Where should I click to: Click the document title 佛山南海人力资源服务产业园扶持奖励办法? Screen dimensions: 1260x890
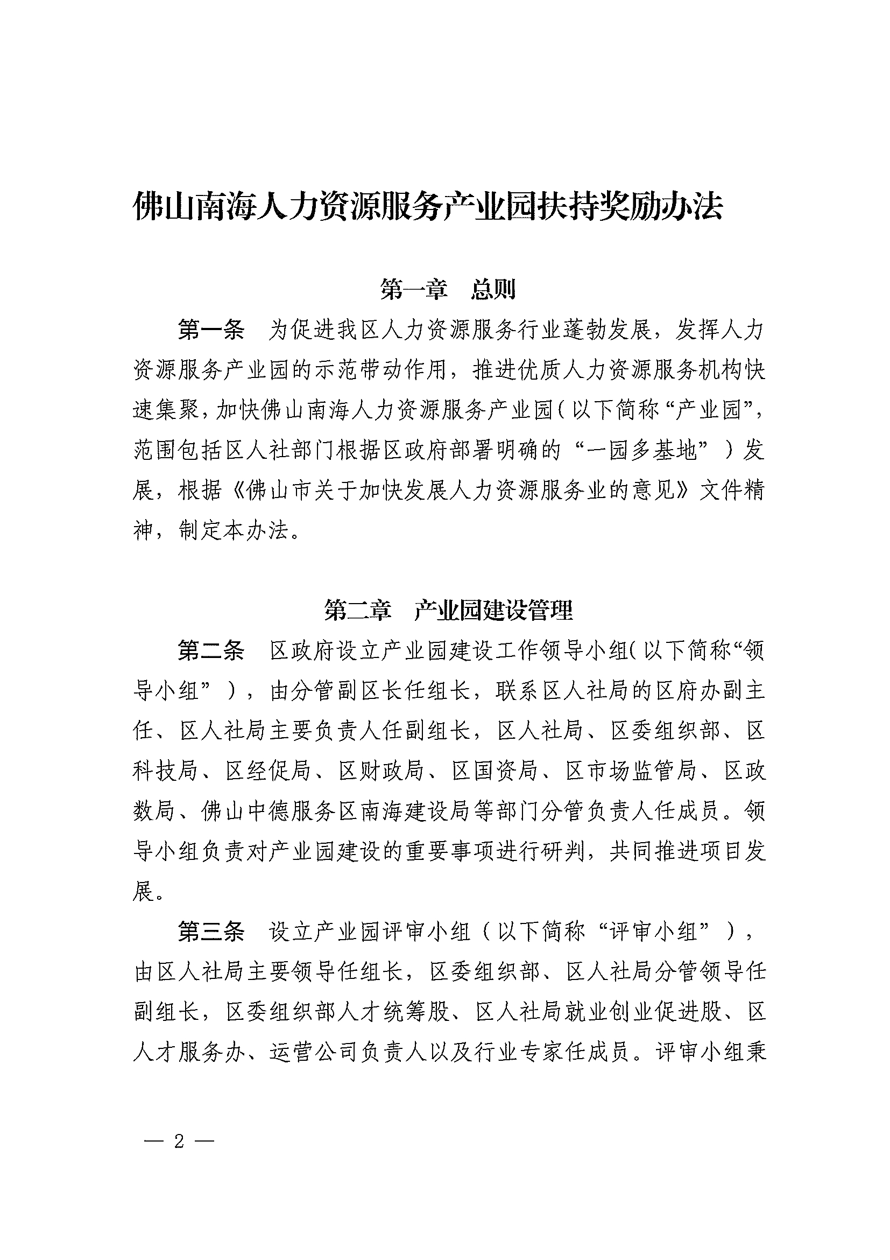point(428,206)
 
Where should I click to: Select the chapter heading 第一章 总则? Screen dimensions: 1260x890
point(448,289)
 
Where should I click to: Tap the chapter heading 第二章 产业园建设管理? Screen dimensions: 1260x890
point(448,610)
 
